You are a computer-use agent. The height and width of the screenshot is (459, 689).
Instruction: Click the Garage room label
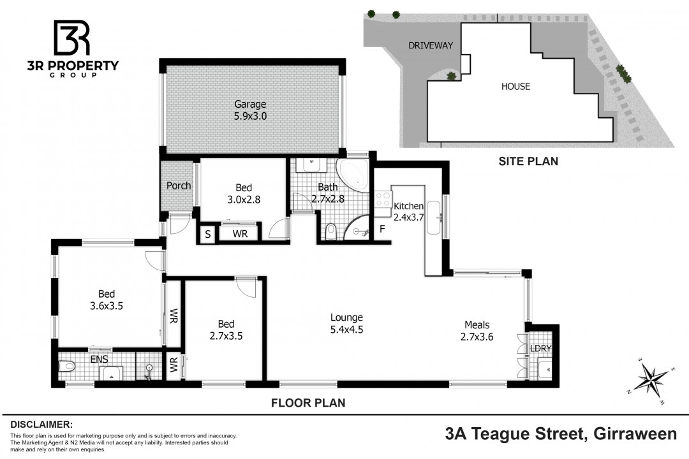(250, 110)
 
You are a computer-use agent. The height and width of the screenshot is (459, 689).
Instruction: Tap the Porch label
(179, 186)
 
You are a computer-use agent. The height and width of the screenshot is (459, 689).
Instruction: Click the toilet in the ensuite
(67, 366)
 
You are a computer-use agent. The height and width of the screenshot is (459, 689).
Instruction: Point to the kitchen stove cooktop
(383, 198)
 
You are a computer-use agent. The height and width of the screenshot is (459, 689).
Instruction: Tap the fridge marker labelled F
(382, 229)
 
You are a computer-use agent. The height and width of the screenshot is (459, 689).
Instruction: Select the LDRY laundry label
(540, 348)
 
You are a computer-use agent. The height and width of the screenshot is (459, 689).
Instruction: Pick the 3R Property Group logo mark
(71, 38)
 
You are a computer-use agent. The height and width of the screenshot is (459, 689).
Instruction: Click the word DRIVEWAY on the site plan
(431, 45)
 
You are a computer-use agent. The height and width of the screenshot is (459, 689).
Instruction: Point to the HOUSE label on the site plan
(516, 87)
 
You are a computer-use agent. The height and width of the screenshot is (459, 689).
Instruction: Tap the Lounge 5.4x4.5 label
(346, 323)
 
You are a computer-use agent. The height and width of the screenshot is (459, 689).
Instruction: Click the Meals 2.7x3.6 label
(477, 331)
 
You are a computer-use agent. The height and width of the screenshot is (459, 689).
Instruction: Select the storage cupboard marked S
(208, 235)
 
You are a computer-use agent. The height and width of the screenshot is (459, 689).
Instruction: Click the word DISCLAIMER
(41, 425)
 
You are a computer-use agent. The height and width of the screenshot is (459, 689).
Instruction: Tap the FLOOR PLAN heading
(308, 403)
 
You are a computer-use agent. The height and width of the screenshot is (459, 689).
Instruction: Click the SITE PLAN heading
(528, 161)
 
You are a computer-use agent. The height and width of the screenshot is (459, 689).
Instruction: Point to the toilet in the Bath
(332, 231)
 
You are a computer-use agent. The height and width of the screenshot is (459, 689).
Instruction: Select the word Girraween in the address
(635, 434)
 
